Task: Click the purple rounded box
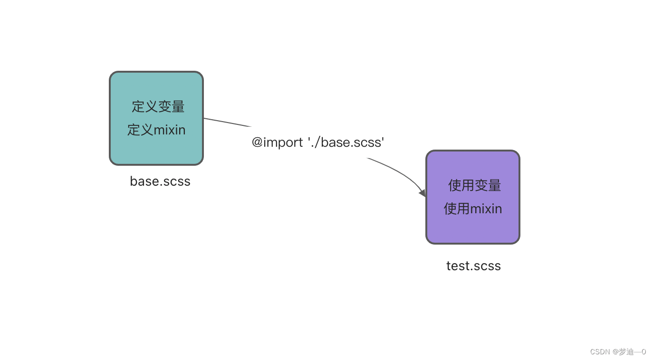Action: pos(473,228)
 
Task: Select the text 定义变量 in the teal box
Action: pos(158,106)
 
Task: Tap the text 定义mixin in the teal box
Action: pos(156,130)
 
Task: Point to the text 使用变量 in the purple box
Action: pos(474,185)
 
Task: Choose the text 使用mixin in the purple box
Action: pos(473,208)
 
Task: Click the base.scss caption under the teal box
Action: pos(160,181)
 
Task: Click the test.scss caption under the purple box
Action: pos(473,266)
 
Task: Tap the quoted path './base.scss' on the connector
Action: pos(346,142)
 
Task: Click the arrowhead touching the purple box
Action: pos(422,193)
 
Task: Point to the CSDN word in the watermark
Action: pos(600,352)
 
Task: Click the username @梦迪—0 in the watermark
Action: pos(629,352)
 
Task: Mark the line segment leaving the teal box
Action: pos(227,123)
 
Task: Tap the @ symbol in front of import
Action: pos(257,142)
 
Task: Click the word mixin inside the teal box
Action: pos(170,130)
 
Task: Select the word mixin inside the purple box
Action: pos(486,208)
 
